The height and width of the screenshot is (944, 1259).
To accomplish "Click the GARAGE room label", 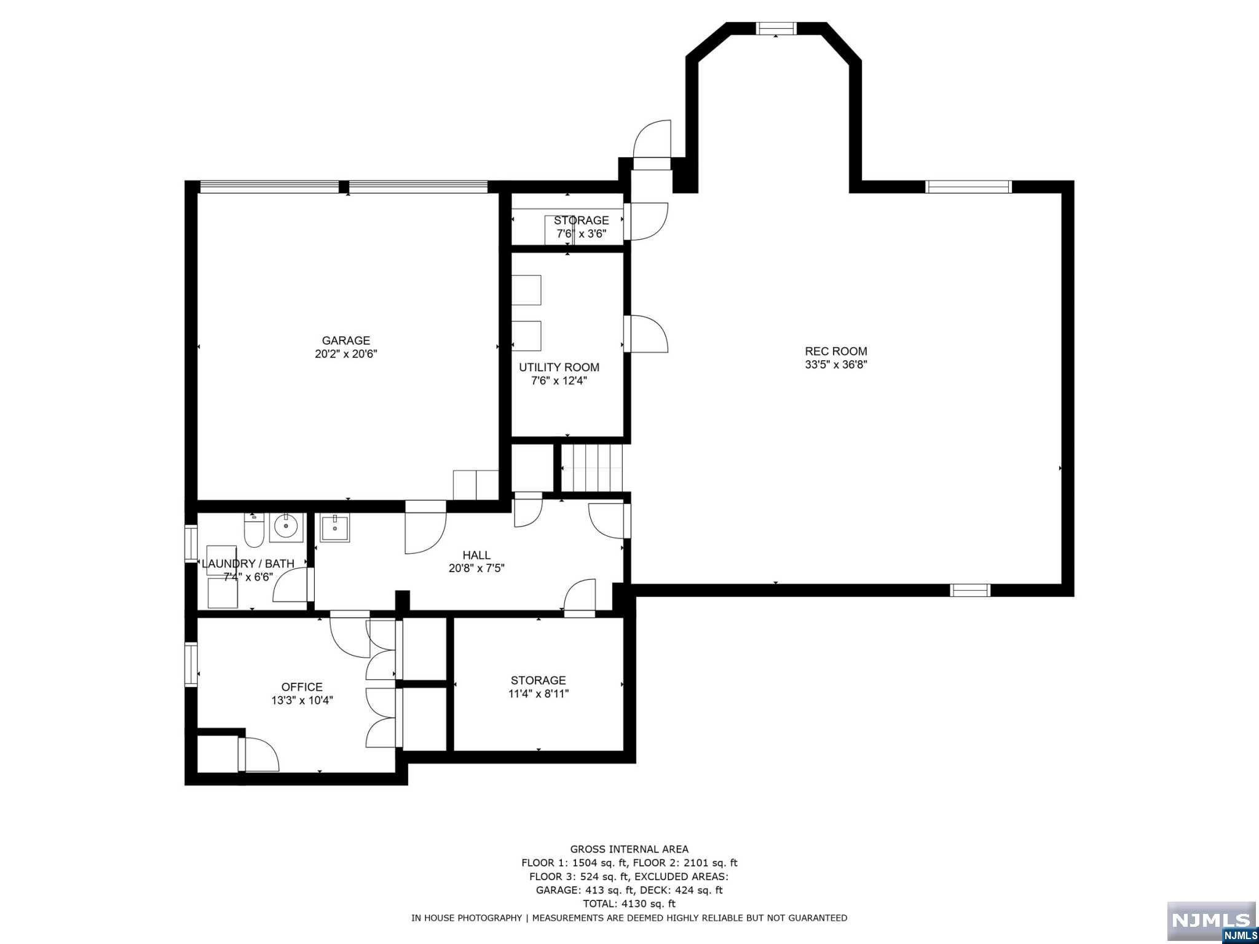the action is tap(346, 340).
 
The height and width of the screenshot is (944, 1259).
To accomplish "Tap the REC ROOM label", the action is tap(836, 352).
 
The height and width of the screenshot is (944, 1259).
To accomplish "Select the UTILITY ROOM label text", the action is tap(559, 368).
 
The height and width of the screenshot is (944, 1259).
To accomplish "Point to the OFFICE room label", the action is tap(302, 687).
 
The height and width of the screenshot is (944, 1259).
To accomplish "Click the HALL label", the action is tap(476, 556).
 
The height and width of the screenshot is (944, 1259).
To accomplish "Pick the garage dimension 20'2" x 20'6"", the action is tap(346, 354).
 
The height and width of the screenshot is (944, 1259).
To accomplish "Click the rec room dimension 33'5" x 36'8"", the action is tap(836, 364).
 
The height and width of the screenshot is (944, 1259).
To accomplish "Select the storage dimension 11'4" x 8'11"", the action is tap(539, 694).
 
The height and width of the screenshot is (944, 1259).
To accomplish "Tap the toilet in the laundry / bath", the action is tap(254, 529).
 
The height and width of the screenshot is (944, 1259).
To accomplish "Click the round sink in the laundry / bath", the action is tap(286, 527).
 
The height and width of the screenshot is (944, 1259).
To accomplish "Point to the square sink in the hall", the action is tap(335, 529).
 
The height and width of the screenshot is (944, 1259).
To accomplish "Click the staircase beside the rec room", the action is tap(592, 469).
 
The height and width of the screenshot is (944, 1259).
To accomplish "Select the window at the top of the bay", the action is tap(776, 28).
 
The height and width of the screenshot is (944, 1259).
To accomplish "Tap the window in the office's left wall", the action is tap(191, 664).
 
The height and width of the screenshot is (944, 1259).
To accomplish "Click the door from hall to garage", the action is tap(425, 527).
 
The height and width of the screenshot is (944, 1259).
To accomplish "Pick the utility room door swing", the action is tap(645, 334).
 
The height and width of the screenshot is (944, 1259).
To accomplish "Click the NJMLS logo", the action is tap(1211, 921).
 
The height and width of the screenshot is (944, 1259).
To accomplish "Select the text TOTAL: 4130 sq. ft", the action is tap(629, 903).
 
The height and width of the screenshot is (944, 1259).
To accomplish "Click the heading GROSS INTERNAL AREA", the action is tap(629, 850).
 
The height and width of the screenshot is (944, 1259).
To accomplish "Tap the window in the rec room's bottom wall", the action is tap(970, 591).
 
